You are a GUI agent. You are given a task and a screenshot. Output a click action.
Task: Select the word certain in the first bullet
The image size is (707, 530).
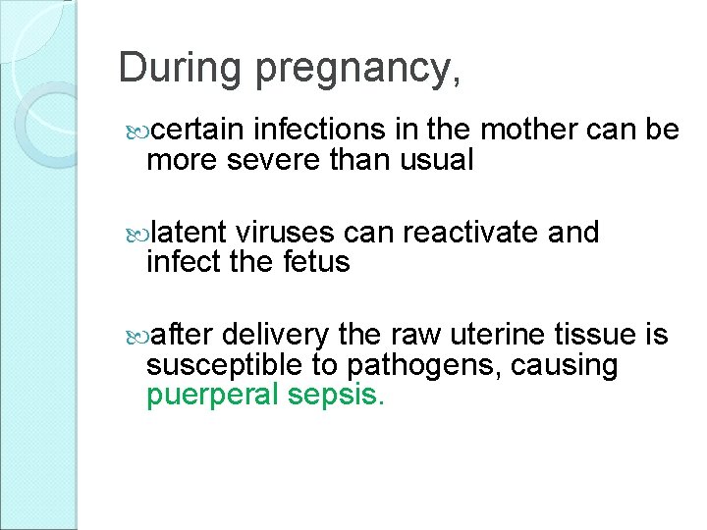(x=199, y=130)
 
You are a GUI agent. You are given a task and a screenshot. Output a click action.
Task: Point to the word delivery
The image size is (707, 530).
(x=276, y=336)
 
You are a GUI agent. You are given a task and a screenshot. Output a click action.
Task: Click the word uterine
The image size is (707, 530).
(x=502, y=336)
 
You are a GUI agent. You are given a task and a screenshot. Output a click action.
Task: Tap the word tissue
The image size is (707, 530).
(x=599, y=336)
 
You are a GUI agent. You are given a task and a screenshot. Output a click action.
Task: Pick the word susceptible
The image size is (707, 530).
(x=220, y=367)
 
